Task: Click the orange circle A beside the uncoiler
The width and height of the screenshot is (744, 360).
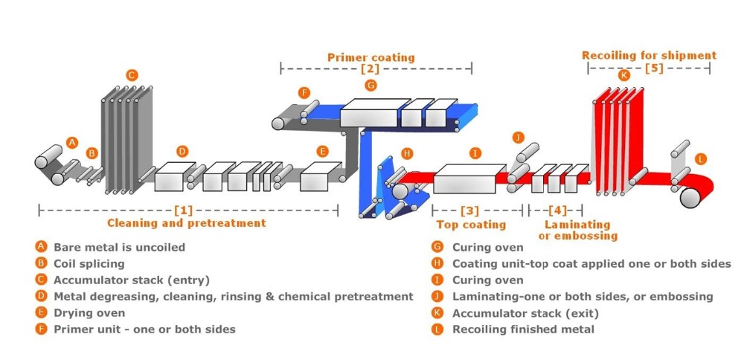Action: pyautogui.click(x=72, y=142)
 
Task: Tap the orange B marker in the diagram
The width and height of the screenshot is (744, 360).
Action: pyautogui.click(x=92, y=153)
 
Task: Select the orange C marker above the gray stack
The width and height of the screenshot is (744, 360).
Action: pyautogui.click(x=132, y=75)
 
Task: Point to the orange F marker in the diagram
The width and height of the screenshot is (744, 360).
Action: pyautogui.click(x=304, y=92)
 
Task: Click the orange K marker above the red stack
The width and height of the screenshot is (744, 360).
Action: pyautogui.click(x=624, y=75)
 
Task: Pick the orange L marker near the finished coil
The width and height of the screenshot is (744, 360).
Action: pyautogui.click(x=700, y=159)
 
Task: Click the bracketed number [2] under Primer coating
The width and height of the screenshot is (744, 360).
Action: pyautogui.click(x=370, y=68)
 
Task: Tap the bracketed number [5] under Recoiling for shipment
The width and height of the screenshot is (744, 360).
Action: pyautogui.click(x=654, y=68)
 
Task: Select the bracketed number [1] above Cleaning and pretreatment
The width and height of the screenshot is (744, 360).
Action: pyautogui.click(x=184, y=210)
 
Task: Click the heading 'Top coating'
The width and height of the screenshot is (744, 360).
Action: pyautogui.click(x=471, y=225)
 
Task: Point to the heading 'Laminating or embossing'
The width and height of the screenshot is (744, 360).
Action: pyautogui.click(x=578, y=230)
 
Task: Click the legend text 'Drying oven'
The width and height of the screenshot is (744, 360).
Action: pyautogui.click(x=89, y=313)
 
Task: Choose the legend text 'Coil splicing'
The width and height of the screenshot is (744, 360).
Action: pyautogui.click(x=89, y=264)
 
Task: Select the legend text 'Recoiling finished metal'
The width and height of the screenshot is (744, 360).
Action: pyautogui.click(x=523, y=330)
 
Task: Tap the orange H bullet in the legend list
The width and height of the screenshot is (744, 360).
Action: pyautogui.click(x=437, y=264)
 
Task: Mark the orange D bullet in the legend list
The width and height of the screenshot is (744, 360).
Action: pyautogui.click(x=42, y=297)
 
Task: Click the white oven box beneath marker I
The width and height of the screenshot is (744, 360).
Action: pyautogui.click(x=469, y=179)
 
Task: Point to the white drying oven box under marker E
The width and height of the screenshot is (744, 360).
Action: pyautogui.click(x=320, y=176)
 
